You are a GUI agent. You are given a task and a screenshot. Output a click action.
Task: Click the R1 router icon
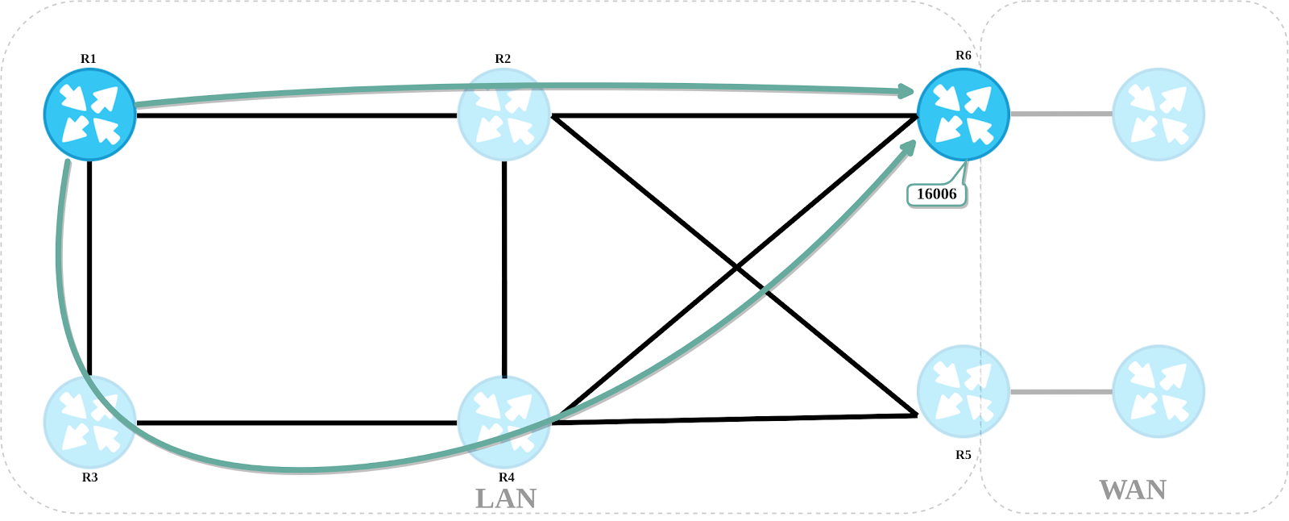click(x=89, y=115)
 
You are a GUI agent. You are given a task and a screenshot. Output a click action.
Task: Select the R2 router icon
click(x=504, y=115)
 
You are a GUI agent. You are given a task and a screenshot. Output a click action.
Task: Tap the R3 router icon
click(x=89, y=422)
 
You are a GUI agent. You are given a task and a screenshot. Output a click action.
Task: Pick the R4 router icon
click(x=504, y=422)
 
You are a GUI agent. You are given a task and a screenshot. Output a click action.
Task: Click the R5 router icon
click(x=963, y=392)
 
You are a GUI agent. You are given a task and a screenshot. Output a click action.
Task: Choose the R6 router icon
click(x=963, y=115)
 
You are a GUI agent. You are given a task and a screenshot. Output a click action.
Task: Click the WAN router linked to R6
click(x=1158, y=115)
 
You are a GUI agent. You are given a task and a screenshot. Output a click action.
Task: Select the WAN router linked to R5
click(x=1158, y=392)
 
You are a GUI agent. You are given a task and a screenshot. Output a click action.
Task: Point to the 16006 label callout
click(x=936, y=194)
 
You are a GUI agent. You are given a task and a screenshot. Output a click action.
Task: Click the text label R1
click(x=89, y=59)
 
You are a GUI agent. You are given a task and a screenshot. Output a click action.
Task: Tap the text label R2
click(x=503, y=59)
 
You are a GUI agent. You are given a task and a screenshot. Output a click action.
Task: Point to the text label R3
click(x=89, y=477)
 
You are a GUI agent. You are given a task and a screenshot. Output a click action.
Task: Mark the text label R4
click(x=506, y=477)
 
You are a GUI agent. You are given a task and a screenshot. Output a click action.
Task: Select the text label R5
click(x=963, y=455)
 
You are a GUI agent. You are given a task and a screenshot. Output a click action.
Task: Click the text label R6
click(x=963, y=56)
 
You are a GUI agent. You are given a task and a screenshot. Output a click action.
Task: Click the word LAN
click(x=506, y=498)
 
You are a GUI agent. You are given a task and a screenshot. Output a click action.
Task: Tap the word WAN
click(x=1133, y=490)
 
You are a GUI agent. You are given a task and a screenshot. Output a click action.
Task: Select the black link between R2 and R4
click(x=504, y=266)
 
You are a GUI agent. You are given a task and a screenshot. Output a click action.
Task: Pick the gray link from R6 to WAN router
click(x=1060, y=114)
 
